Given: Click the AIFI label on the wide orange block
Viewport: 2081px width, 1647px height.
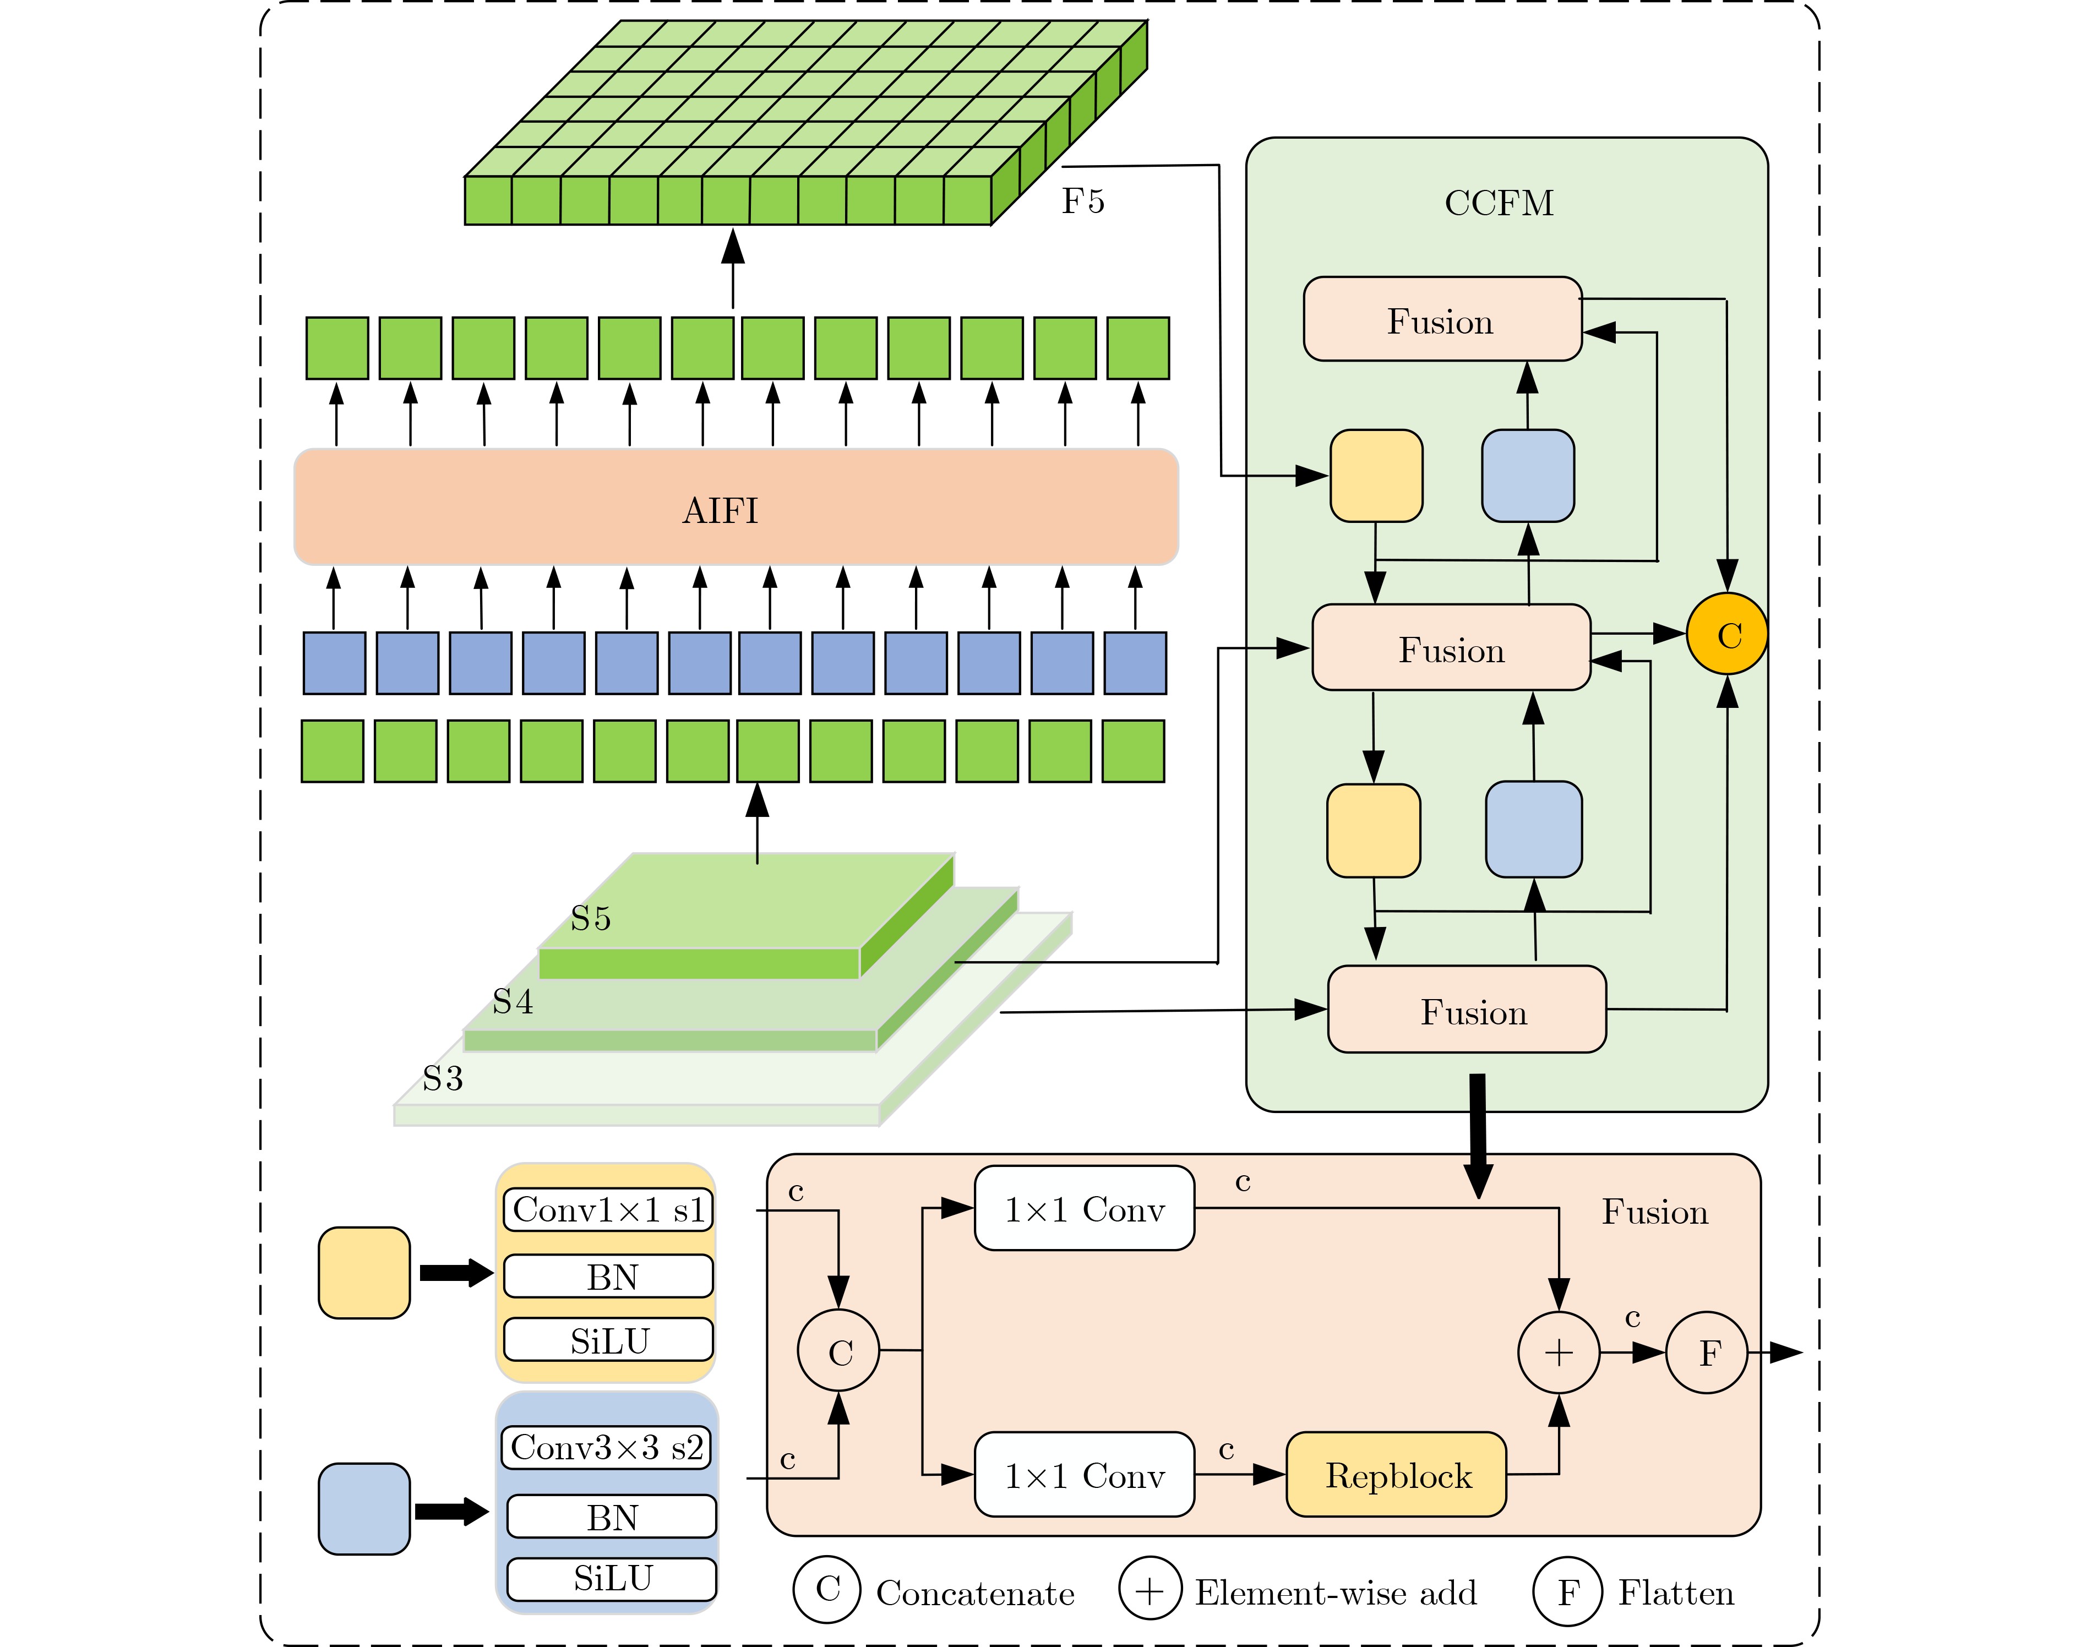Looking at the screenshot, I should (x=720, y=510).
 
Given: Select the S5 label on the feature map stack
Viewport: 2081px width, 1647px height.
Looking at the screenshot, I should (x=590, y=918).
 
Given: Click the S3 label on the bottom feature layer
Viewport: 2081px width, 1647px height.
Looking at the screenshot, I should (x=443, y=1078).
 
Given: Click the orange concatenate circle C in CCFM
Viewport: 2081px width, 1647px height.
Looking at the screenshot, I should (x=1727, y=635).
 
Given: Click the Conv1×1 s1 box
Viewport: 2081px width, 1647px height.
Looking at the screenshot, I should (x=608, y=1209).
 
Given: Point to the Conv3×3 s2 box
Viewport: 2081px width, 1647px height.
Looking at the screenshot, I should (x=608, y=1447).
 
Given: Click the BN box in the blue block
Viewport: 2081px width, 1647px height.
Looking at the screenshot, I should (x=612, y=1517).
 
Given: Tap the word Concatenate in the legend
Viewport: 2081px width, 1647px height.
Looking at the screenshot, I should (x=975, y=1593).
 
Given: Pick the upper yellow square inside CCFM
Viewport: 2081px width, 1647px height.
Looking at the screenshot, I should (x=1376, y=476).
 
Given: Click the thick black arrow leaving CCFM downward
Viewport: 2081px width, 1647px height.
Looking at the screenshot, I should (x=1477, y=1133).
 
